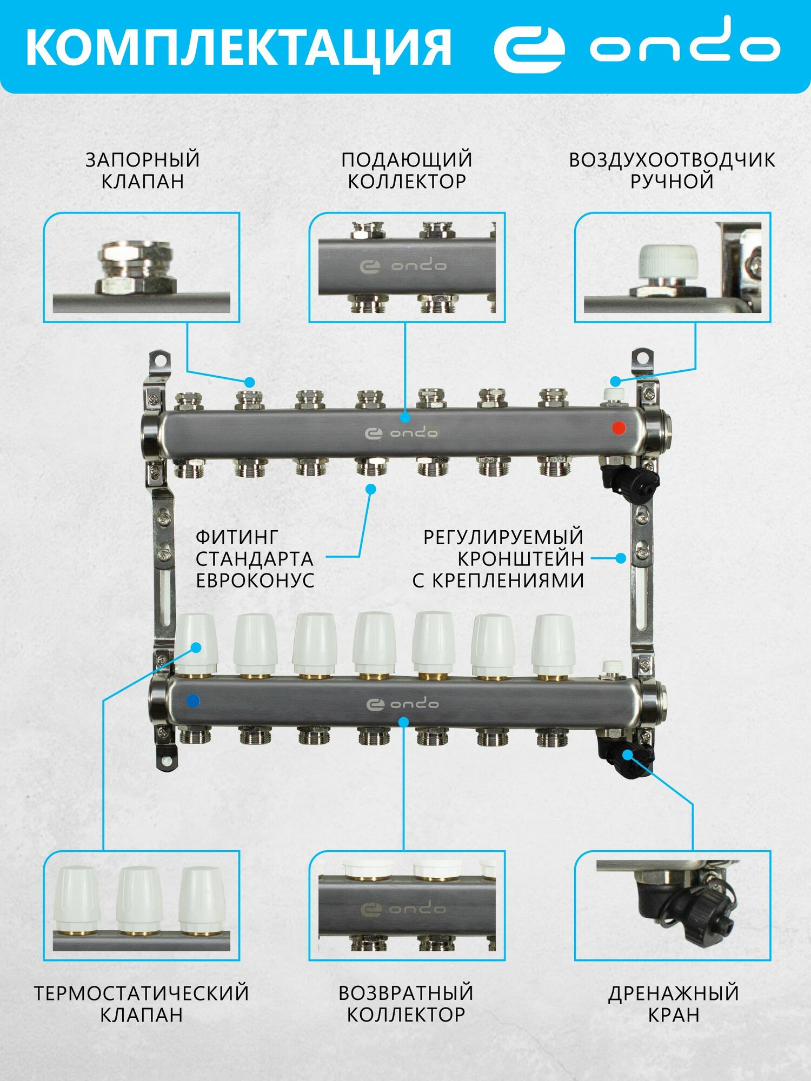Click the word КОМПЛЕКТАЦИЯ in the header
(x=238, y=48)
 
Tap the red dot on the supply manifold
(x=619, y=428)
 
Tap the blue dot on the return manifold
(x=192, y=701)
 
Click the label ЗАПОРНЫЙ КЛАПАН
(x=143, y=170)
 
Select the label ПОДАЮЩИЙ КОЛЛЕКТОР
(x=407, y=170)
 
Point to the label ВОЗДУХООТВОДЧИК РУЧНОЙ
(x=672, y=170)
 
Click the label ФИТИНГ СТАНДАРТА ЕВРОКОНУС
(x=255, y=558)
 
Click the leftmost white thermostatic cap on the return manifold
(x=196, y=643)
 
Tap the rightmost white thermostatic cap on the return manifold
(x=553, y=643)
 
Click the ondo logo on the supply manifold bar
(x=402, y=433)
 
